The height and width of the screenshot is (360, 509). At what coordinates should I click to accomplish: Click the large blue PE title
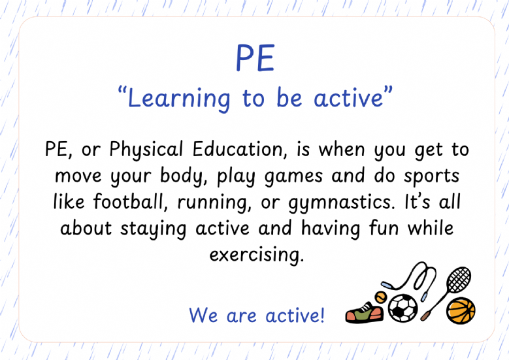coord(255,58)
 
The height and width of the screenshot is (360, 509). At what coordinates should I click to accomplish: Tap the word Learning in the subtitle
coord(179,99)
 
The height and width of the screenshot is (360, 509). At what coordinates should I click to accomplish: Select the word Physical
coord(146,150)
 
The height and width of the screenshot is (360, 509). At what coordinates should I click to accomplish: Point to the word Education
coord(240,150)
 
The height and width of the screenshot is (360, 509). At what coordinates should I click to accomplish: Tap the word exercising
coord(256,255)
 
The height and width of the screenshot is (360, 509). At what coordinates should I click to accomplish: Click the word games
coord(293,177)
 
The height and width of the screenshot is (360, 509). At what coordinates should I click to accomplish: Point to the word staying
coord(153,229)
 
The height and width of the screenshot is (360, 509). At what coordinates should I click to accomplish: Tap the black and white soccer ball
coord(403,308)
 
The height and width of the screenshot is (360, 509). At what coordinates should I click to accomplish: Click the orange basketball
coord(461,310)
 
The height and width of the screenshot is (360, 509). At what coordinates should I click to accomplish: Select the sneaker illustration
coord(364,312)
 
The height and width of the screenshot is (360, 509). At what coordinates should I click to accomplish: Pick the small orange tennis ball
coord(380,297)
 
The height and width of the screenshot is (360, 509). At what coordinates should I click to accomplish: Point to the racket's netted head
coord(458,280)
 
